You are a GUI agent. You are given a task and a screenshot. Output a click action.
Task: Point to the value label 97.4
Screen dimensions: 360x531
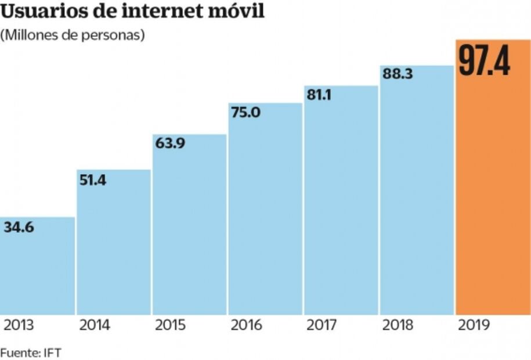pos(485,62)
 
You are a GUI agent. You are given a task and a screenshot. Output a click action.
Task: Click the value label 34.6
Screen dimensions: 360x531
pos(19,227)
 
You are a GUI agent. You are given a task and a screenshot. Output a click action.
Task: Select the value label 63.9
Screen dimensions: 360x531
pos(169,143)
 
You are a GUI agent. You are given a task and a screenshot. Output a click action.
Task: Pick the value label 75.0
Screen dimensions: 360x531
pos(245,112)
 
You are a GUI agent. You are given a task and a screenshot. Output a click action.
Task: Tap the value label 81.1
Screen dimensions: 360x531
pos(319,95)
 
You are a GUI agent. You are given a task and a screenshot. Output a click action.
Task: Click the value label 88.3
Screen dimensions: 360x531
pos(397,74)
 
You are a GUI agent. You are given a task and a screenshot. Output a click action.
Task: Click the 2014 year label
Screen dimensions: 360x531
pos(95,325)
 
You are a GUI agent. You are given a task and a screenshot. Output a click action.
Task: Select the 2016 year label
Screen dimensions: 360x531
pos(246,325)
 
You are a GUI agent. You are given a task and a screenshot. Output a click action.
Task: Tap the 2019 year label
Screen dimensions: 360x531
pos(474,325)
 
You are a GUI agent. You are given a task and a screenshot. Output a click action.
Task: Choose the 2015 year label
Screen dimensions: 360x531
pos(170,325)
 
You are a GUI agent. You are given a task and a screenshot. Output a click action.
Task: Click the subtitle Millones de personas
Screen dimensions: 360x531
pos(72,35)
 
